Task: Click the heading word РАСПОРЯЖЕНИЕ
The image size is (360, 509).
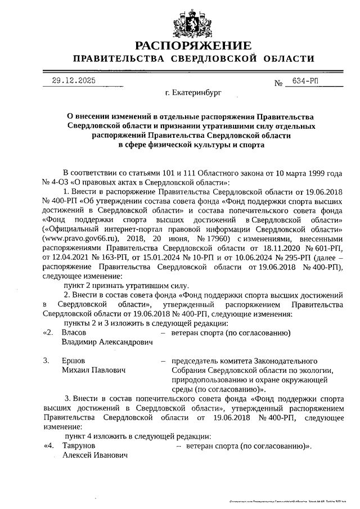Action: click(193, 46)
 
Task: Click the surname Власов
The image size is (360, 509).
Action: click(74, 332)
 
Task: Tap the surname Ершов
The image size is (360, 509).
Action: click(73, 361)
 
